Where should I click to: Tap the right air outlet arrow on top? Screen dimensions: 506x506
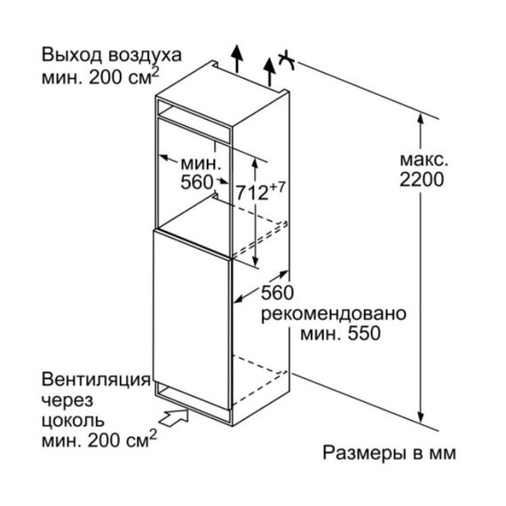269,72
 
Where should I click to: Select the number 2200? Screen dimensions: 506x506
422,179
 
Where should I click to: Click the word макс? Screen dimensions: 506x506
424,160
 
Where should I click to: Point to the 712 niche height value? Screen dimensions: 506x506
252,193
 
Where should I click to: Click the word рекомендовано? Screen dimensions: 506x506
334,313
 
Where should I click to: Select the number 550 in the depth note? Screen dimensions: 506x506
364,334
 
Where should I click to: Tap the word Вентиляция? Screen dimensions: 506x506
96,380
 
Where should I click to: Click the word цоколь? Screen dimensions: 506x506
73,421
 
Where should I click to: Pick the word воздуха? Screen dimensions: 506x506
145,56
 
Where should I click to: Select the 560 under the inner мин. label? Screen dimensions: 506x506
197,182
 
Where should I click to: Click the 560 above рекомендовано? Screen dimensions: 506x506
277,293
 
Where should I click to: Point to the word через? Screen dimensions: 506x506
67,400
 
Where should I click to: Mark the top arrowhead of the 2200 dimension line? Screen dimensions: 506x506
420,119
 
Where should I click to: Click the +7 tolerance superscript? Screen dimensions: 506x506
277,187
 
